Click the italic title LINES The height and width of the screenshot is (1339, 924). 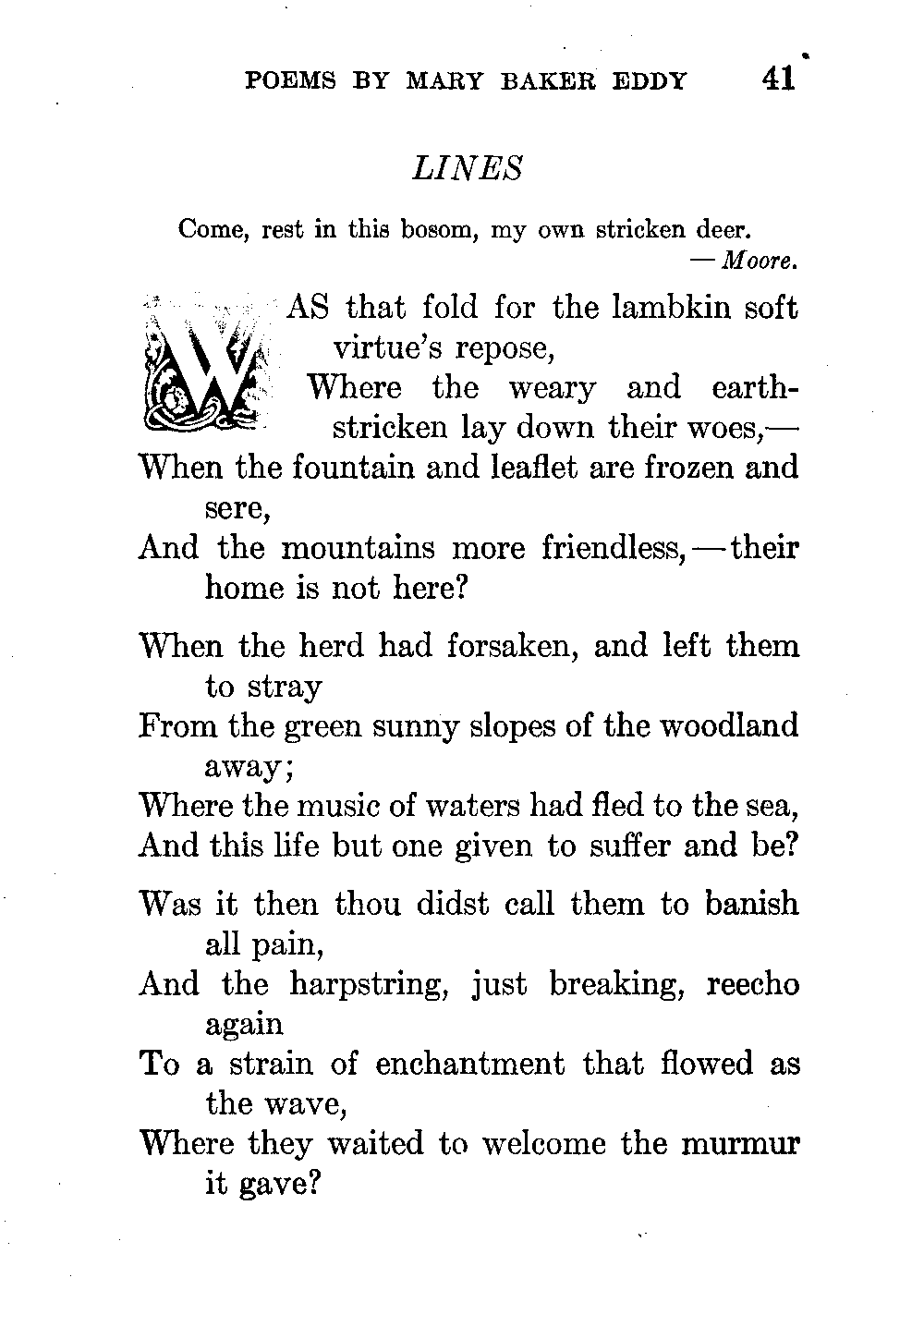coord(468,168)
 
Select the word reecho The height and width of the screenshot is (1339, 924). coord(752,983)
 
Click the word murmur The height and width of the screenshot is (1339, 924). coord(740,1144)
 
